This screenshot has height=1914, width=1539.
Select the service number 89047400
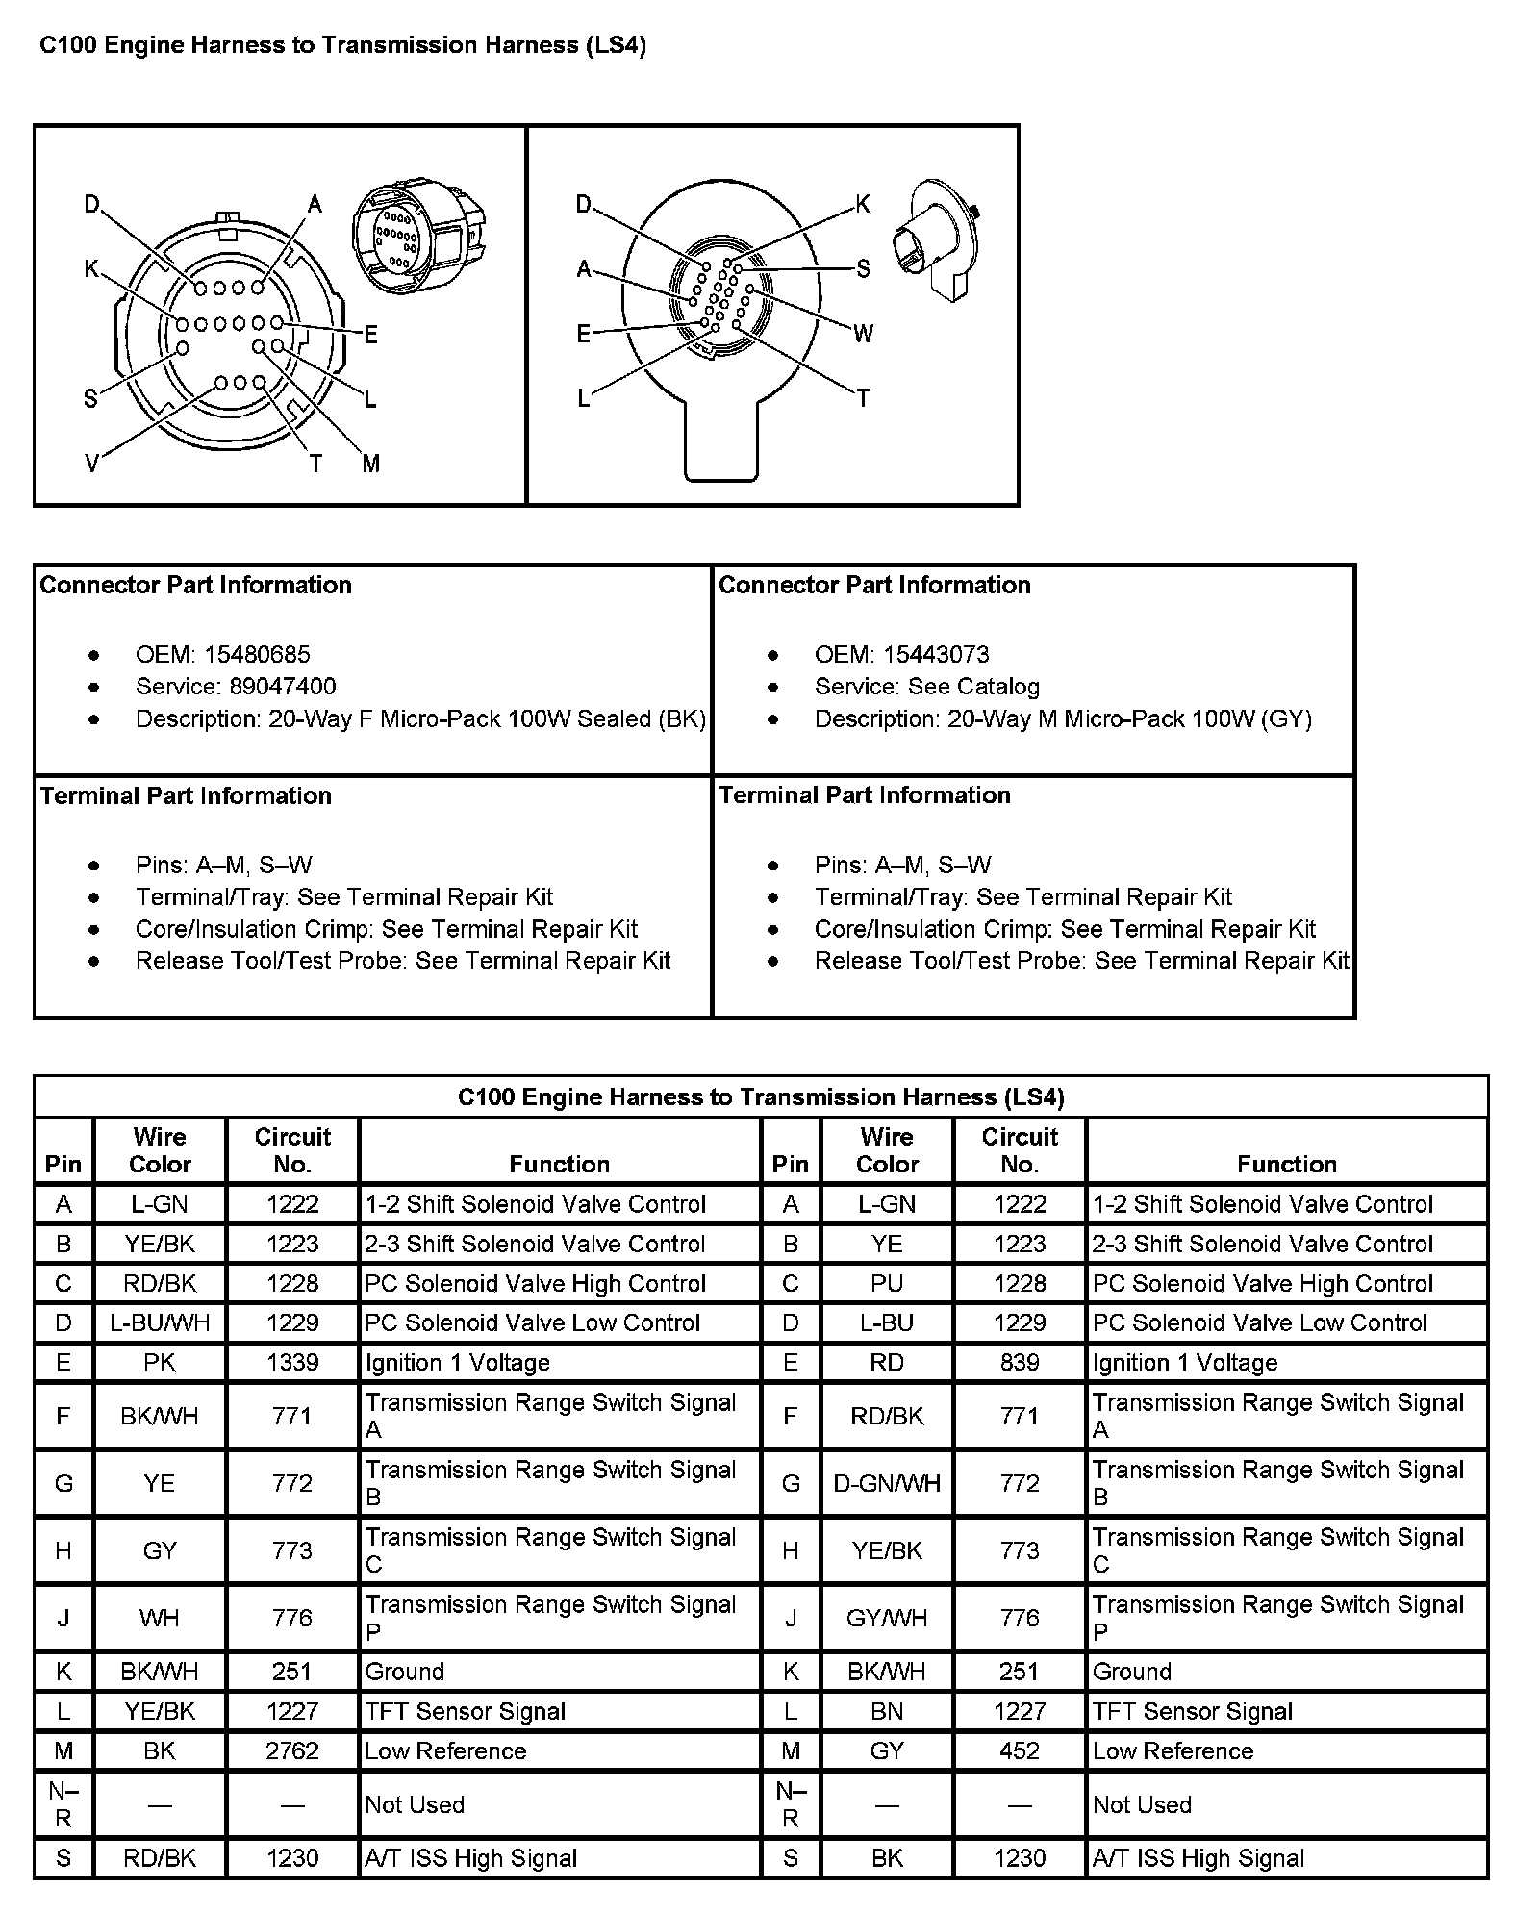282,687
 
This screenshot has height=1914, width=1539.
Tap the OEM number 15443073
935,655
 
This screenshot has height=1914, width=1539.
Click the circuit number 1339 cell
292,1363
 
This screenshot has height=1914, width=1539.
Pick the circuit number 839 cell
1020,1363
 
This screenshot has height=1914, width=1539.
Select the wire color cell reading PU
887,1284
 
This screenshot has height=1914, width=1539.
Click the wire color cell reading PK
160,1363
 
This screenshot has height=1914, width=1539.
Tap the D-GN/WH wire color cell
887,1483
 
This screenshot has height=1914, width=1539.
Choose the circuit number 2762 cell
292,1750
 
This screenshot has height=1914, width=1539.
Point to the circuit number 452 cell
1020,1750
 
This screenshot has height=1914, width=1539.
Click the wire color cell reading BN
887,1711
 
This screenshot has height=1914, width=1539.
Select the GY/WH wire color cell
887,1618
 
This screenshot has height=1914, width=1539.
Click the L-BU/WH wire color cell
160,1323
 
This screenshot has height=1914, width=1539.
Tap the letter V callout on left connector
91,465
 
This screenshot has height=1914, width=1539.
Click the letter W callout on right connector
863,334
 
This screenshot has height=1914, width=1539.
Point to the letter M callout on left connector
371,465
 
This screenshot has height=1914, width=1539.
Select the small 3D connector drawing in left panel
418,235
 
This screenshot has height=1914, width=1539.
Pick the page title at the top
342,45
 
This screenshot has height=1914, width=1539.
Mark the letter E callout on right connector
583,334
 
